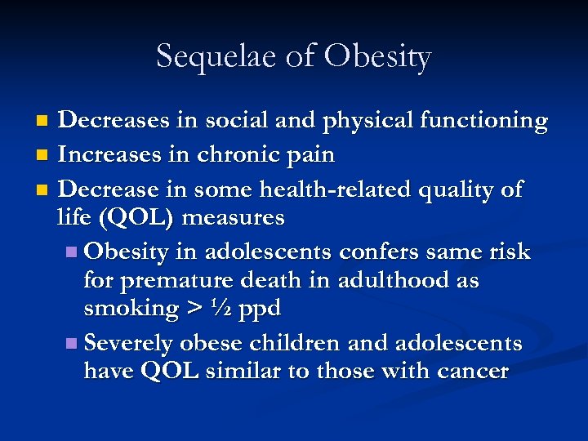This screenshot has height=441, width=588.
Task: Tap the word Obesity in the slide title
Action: pyautogui.click(x=376, y=57)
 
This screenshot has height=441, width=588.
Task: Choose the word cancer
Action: pyautogui.click(x=471, y=372)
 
